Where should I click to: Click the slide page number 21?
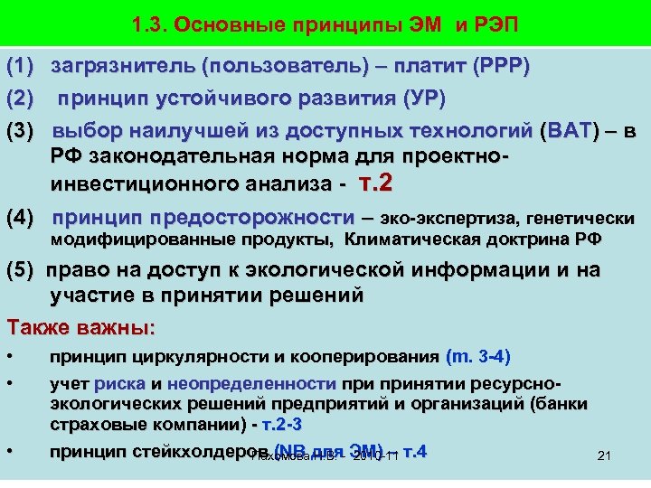pyautogui.click(x=605, y=456)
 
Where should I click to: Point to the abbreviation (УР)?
pyautogui.click(x=422, y=98)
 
